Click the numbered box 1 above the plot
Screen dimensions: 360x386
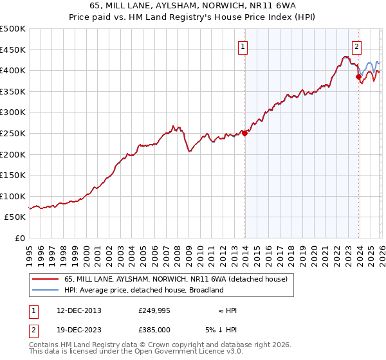tap(243, 46)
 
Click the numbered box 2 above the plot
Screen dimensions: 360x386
tap(356, 46)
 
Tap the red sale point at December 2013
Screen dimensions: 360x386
tap(244, 134)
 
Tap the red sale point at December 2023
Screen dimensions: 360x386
tap(358, 76)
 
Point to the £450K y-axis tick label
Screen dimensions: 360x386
tap(13, 50)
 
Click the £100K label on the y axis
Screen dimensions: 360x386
tap(13, 196)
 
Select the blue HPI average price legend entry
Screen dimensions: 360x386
tap(143, 290)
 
